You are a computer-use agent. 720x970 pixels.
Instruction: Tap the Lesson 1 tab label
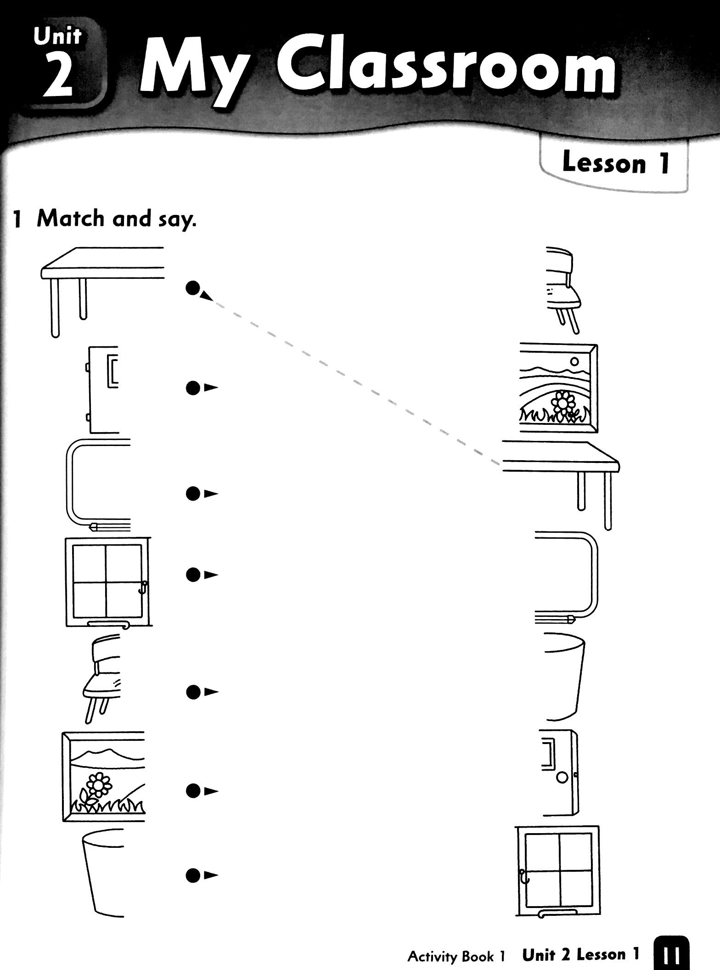pos(615,163)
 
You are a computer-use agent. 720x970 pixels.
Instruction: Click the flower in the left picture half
pos(96,786)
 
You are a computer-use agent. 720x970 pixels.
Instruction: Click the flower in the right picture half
pos(561,404)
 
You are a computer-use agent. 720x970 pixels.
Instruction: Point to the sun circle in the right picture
pos(574,361)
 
